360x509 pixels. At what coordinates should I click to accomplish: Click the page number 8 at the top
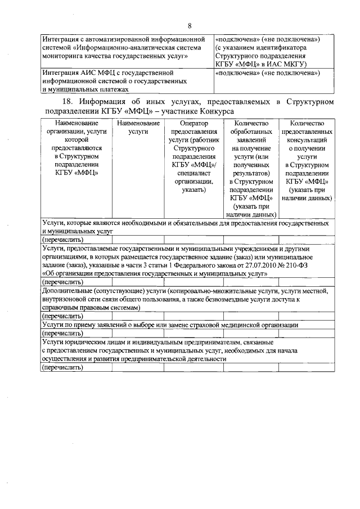(190, 26)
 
